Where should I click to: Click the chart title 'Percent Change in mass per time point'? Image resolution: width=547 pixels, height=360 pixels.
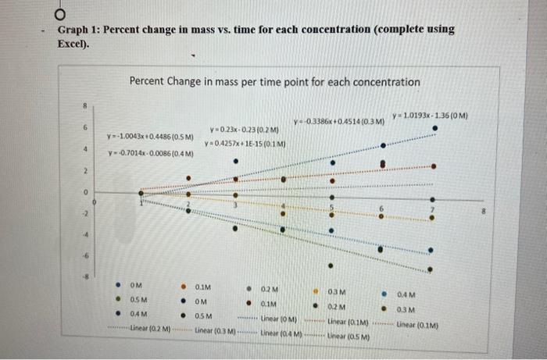pos(274,81)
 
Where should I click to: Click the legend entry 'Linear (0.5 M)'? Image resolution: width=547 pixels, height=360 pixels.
pos(348,336)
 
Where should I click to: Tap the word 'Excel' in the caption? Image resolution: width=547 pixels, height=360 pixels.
pos(73,43)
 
